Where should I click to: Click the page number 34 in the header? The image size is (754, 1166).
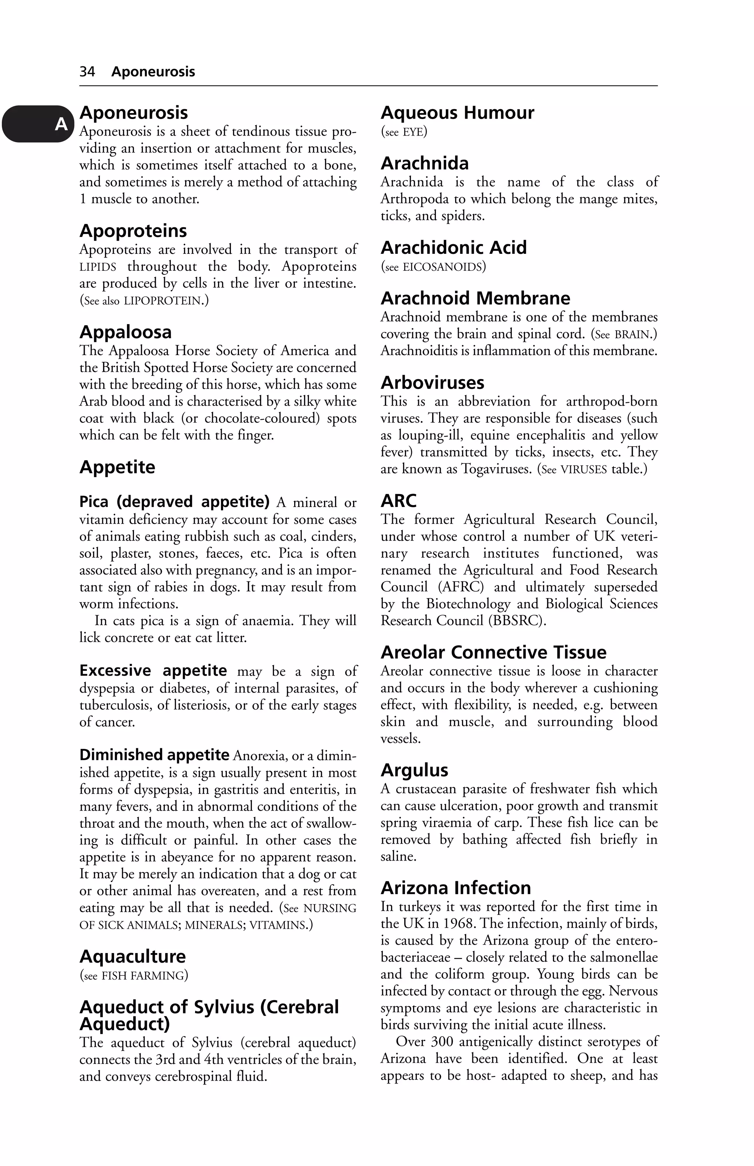click(x=87, y=71)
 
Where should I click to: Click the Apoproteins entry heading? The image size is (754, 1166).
click(x=133, y=231)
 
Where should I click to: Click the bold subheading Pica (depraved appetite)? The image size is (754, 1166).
click(x=174, y=502)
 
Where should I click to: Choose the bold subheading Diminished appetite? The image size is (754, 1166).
click(x=154, y=754)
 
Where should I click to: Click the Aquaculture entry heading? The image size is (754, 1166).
click(x=133, y=956)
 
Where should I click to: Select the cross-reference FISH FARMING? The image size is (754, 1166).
click(x=144, y=976)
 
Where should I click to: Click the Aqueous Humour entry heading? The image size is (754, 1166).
click(x=457, y=113)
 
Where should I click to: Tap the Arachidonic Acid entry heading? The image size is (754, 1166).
click(x=453, y=248)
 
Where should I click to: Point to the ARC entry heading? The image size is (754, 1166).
click(x=399, y=501)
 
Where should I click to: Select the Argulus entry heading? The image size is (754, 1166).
click(x=414, y=770)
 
